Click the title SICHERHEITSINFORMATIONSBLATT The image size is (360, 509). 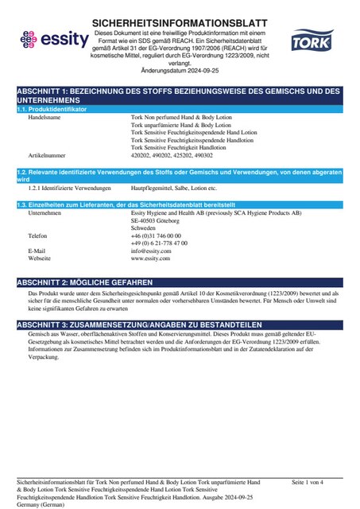[180, 24]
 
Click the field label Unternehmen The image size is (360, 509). [45, 214]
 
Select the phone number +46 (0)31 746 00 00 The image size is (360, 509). [156, 236]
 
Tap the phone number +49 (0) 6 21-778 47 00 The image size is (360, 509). [159, 243]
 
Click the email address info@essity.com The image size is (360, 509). [151, 251]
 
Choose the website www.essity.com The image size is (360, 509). [151, 259]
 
